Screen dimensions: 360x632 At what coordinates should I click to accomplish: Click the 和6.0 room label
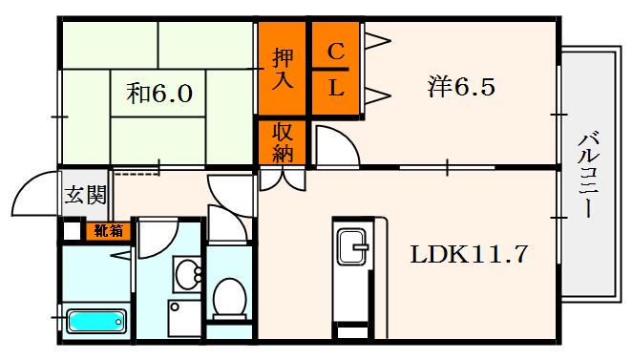[x=159, y=94]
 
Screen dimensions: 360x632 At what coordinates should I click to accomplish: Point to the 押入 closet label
[x=281, y=67]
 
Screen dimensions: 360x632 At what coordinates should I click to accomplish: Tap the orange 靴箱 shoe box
[x=107, y=229]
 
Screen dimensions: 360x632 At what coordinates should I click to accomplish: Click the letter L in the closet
[x=336, y=89]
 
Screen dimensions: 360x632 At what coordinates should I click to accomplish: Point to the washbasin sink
[x=188, y=274]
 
